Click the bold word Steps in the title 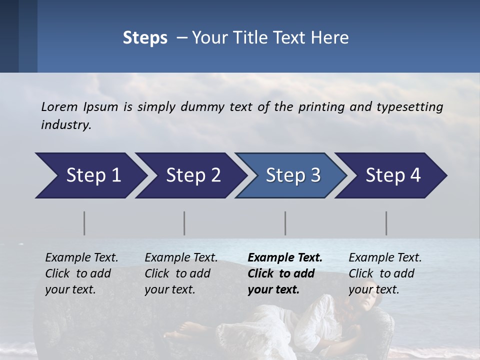145,38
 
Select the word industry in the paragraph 65,125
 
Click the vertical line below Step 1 84,223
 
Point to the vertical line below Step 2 184,223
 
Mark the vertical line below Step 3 285,223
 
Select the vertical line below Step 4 386,223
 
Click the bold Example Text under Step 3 285,258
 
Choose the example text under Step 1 81,273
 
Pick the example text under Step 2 181,273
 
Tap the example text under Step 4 385,273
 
